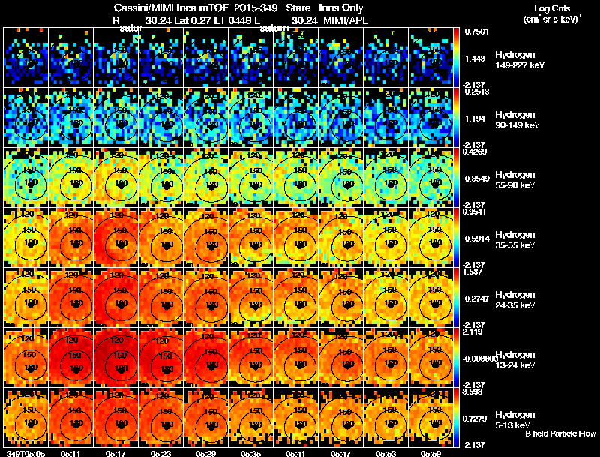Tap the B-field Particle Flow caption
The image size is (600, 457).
point(559,434)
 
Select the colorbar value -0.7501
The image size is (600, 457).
point(475,31)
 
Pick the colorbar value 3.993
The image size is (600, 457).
point(472,391)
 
